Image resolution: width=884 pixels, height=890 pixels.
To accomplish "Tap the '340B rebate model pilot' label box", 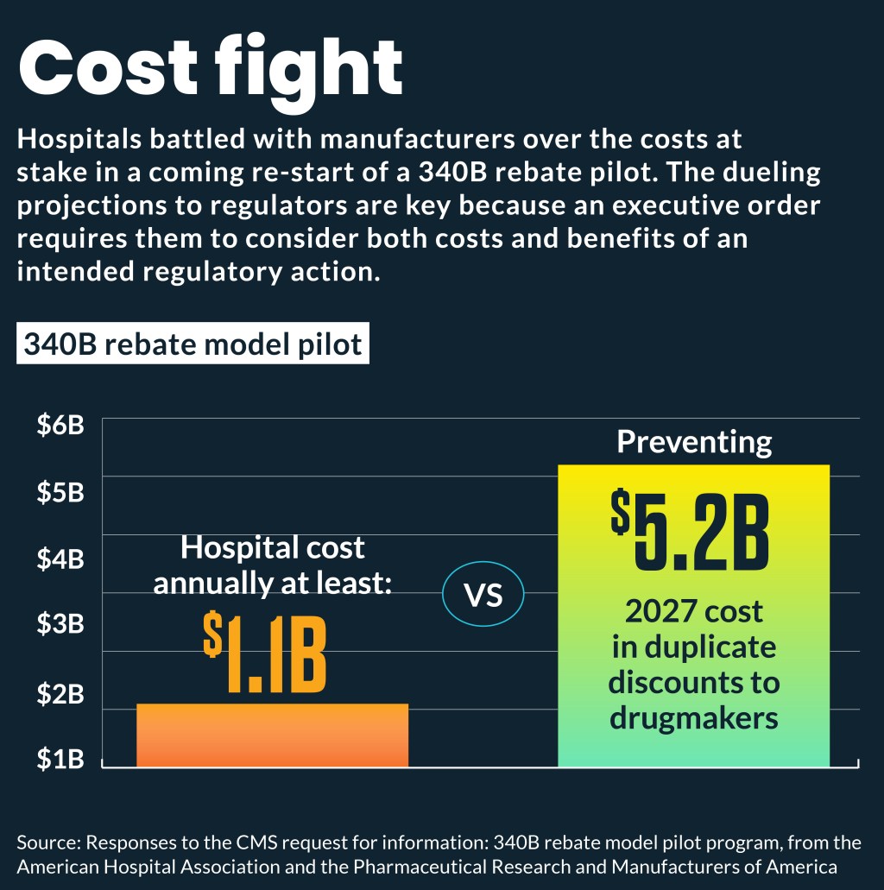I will point(193,344).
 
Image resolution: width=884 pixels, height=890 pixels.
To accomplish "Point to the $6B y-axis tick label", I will point(60,426).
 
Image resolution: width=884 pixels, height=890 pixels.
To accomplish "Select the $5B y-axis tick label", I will point(60,492).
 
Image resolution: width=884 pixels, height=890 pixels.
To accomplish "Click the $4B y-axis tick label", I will point(60,559).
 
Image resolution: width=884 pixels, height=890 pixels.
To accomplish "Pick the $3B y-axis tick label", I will point(60,624).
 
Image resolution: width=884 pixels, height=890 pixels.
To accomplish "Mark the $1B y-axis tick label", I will point(60,759).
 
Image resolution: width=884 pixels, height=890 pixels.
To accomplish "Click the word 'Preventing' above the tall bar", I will point(694,442).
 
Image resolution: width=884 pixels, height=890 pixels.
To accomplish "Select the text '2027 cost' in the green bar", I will point(694,611).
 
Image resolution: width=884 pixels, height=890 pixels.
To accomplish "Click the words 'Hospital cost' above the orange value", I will point(273,547).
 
